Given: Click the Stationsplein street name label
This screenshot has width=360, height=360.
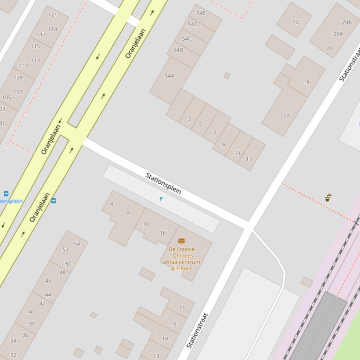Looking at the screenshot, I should [x=163, y=183].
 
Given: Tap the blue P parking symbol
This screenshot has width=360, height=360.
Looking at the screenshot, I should [x=161, y=199].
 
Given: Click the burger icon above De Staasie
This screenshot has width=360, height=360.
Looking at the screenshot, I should [x=182, y=241].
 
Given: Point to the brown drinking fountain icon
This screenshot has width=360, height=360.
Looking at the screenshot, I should [x=328, y=198].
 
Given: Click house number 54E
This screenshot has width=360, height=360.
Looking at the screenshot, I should [x=201, y=13].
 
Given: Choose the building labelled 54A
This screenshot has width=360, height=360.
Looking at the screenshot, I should [x=169, y=75].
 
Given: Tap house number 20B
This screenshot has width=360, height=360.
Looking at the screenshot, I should [x=346, y=22].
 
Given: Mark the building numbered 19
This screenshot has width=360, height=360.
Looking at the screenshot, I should [x=295, y=22].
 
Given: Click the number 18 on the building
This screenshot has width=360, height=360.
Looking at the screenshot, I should [x=306, y=82].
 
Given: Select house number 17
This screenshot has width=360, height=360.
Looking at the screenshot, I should [x=286, y=116].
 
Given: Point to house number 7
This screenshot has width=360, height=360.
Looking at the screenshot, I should [x=215, y=133].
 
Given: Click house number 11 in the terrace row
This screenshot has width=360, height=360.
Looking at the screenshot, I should [x=237, y=153].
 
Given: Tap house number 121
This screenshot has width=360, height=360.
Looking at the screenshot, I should [x=52, y=14].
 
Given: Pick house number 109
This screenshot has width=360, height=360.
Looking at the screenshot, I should [x=18, y=78].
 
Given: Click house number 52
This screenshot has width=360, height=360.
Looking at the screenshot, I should [x=66, y=249].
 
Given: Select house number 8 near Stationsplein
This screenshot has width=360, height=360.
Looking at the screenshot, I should [x=128, y=213].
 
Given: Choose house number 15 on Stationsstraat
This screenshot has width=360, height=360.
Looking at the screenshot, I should [x=174, y=324].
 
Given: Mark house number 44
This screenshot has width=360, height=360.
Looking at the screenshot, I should [x=48, y=295].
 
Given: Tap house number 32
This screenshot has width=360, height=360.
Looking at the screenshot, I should [x=13, y=355].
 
